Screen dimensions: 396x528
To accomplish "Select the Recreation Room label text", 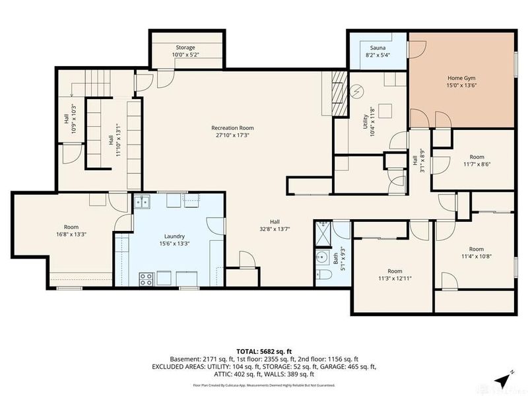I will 232,127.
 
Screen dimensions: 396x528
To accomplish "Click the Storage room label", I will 185,47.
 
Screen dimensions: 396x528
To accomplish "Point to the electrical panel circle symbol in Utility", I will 356,90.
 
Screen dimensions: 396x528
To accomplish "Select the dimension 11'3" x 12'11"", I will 395,279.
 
